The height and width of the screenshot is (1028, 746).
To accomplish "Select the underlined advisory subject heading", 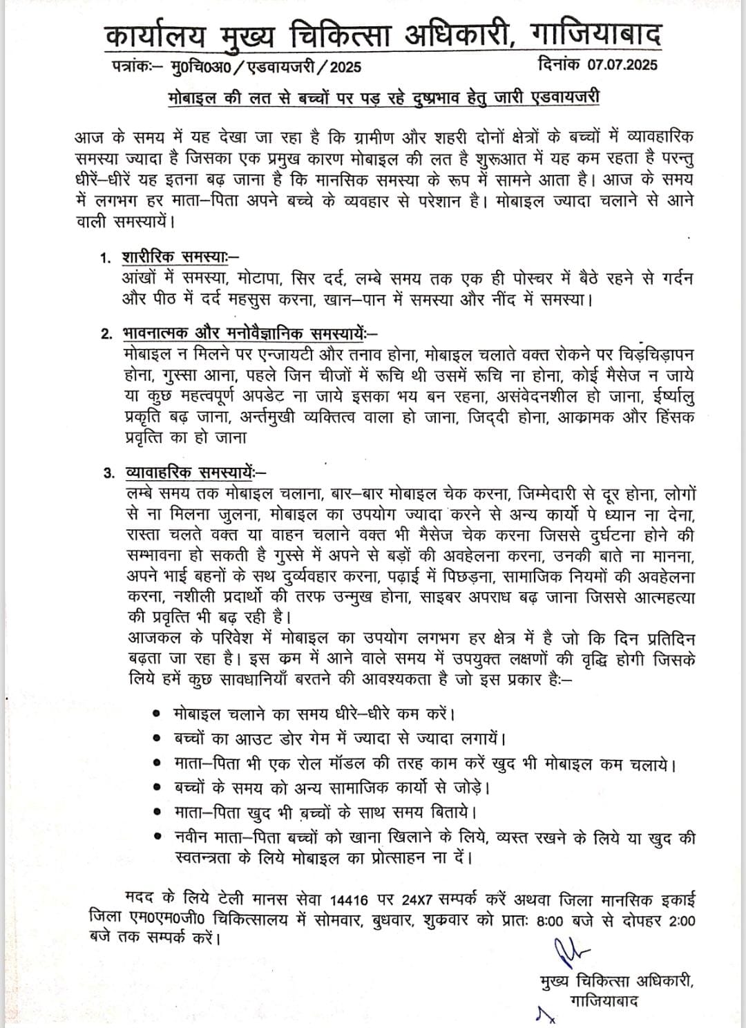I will click(x=384, y=97).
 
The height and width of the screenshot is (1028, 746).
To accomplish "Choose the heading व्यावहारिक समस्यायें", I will click(x=189, y=473).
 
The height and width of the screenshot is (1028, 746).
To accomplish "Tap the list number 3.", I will click(x=107, y=474).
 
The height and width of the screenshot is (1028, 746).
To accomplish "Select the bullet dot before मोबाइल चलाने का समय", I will click(x=157, y=713).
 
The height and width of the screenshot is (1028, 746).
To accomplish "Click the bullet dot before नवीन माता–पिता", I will click(x=157, y=838).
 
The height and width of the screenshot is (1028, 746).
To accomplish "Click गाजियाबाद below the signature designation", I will click(x=603, y=1000).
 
